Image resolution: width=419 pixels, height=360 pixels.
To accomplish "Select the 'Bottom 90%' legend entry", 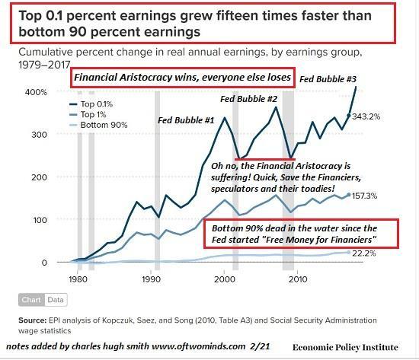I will [x=99, y=125].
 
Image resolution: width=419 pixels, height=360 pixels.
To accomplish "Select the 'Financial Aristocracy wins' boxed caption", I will [x=174, y=78].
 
